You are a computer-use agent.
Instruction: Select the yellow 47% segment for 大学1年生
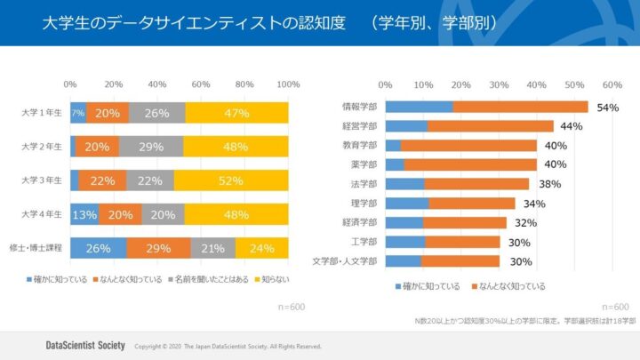236,113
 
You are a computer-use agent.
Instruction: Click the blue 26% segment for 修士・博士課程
98,248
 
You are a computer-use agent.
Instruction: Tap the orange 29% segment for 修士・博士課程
158,248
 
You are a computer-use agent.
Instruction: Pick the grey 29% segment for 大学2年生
150,147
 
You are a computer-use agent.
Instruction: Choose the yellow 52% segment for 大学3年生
231,180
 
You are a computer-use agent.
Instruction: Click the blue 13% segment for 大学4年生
84,214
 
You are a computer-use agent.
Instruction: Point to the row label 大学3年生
42,180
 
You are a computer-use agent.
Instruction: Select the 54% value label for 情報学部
608,108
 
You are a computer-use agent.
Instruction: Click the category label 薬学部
364,164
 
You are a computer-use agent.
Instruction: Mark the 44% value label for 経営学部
571,126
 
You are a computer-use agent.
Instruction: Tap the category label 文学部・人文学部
346,261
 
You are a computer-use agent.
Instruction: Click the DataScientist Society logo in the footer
84,345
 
